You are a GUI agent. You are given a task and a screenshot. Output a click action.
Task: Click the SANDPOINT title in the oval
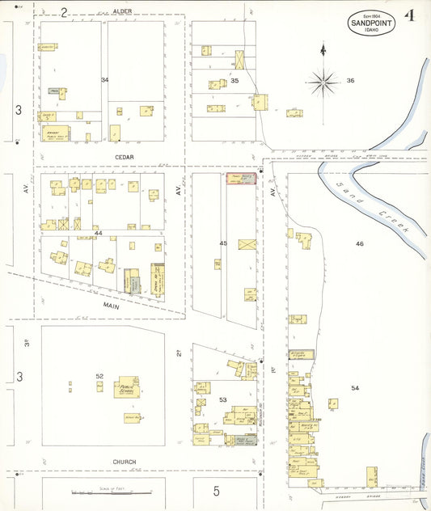coord(373,23)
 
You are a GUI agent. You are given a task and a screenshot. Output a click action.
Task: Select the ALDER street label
coord(122,11)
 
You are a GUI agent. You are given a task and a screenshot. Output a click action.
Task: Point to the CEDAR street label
coord(124,157)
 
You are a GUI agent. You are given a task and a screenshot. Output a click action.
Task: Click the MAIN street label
coord(111,306)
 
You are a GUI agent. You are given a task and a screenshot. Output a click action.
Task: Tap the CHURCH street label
coord(124,462)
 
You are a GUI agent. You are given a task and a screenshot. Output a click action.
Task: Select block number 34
coord(104,80)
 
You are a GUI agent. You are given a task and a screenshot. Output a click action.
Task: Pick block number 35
coord(235,81)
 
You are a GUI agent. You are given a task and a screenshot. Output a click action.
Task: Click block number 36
coord(350,80)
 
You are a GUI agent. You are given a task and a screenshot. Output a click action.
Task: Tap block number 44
coord(99,233)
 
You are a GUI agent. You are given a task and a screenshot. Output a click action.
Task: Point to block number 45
coord(223,243)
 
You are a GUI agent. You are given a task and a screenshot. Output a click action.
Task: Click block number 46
coord(359,243)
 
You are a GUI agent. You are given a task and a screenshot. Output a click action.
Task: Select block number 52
coord(99,376)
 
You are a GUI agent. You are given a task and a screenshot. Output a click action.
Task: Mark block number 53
coord(222,399)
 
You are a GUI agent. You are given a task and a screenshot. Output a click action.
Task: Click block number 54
coord(354,388)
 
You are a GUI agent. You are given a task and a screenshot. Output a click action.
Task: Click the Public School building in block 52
coord(126,388)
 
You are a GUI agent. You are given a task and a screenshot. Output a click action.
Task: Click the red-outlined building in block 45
coord(240,179)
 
